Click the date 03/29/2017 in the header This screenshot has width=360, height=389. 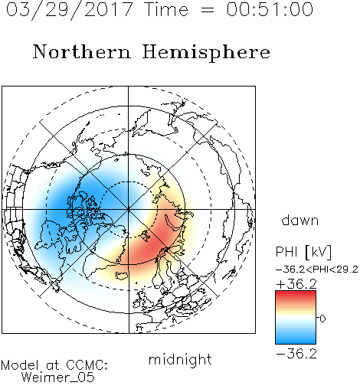point(70,10)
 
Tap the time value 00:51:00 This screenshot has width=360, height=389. point(270,9)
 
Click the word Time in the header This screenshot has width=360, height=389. point(166,9)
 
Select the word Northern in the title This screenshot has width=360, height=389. point(82,51)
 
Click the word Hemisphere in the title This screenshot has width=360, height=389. point(206,53)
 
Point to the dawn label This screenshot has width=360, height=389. point(300,220)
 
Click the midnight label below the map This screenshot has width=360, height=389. point(180,359)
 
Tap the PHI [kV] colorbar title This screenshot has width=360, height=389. point(303,252)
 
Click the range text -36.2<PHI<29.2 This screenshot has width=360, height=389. point(317,270)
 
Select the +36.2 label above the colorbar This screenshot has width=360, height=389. point(296,284)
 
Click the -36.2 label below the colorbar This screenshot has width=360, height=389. point(296,354)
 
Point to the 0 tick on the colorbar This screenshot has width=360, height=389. point(322,319)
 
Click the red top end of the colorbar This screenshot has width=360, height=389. point(296,293)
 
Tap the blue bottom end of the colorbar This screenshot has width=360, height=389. point(296,342)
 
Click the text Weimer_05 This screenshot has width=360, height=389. point(58,378)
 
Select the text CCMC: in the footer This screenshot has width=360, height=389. point(87,365)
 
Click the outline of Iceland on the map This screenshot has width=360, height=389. point(123,275)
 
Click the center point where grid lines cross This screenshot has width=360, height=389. point(129,210)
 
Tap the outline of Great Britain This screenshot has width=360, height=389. point(144,301)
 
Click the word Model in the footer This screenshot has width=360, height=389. point(20,365)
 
